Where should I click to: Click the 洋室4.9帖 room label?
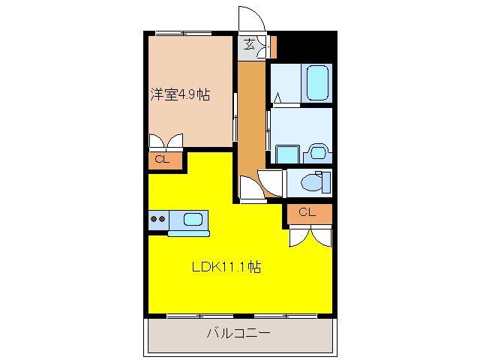[x=179, y=95]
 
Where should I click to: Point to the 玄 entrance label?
[x=249, y=46]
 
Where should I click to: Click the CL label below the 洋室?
[x=162, y=159]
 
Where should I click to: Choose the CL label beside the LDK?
[x=306, y=212]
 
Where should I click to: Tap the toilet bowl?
[x=316, y=181]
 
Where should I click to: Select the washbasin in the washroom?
[x=319, y=153]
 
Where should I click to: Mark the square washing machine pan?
[x=286, y=153]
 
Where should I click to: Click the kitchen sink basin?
[x=193, y=220]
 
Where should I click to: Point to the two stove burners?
[x=158, y=220]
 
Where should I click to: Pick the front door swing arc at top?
[x=250, y=18]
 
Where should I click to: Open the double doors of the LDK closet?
[x=308, y=236]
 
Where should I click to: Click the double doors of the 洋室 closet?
[x=166, y=141]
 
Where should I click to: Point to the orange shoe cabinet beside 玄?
[x=272, y=46]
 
